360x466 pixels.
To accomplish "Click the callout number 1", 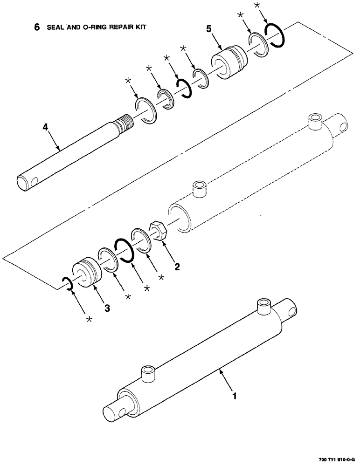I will point(235,397).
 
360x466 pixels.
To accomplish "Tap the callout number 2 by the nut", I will point(177,267).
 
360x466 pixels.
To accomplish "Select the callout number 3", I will point(107,308).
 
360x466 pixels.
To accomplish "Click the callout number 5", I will point(210,28).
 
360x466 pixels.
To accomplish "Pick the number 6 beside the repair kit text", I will point(37,27).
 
